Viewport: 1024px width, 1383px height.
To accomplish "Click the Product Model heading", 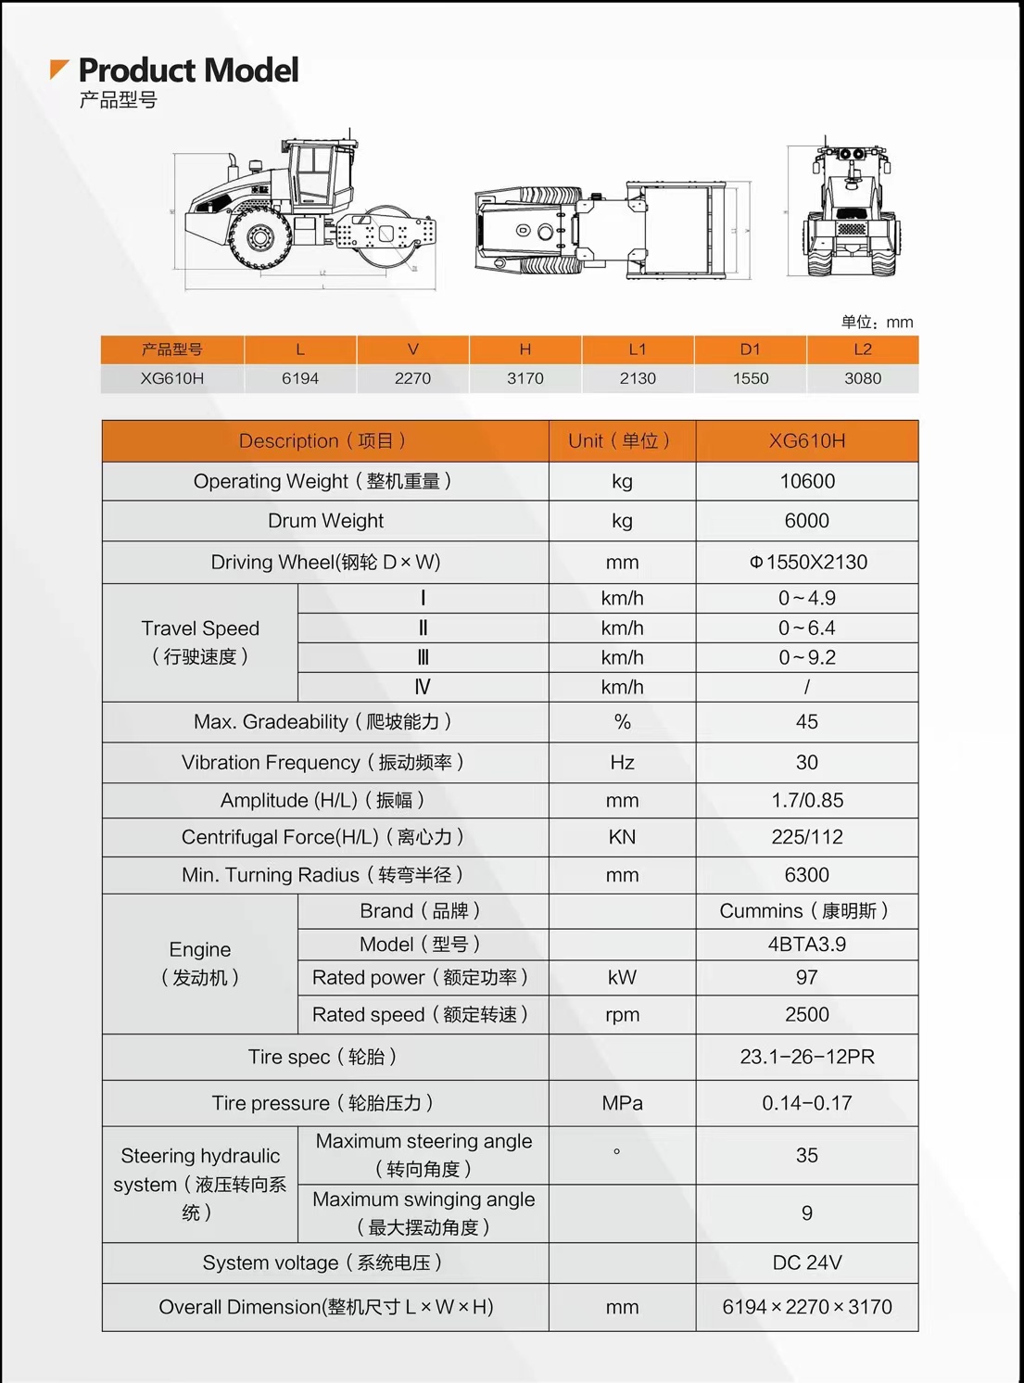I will [188, 70].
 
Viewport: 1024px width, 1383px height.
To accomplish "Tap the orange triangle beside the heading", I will [58, 69].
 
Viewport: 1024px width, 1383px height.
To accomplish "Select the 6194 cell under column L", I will [300, 378].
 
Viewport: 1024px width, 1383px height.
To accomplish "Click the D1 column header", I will [750, 349].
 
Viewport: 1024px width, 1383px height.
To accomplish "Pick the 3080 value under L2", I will [863, 378].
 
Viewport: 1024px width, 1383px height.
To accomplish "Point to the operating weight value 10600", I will [806, 481].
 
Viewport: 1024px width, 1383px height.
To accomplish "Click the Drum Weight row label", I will [325, 521].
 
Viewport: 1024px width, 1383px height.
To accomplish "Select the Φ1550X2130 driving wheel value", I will [808, 562].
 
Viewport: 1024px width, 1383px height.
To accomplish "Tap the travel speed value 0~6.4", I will [806, 628].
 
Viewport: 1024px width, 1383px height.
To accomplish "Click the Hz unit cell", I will [622, 762].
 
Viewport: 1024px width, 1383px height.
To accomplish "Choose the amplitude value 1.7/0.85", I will [806, 800].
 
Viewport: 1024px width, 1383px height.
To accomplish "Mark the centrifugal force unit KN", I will [622, 837].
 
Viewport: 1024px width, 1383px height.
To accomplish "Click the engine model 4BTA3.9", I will [806, 944].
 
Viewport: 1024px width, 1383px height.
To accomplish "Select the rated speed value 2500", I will [806, 1014].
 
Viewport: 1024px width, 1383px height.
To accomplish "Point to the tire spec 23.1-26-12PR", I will [806, 1057].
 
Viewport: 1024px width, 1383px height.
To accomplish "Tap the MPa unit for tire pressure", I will [622, 1103].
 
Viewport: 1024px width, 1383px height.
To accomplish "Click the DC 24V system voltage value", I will [806, 1262].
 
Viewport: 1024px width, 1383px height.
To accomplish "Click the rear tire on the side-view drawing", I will [259, 238].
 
